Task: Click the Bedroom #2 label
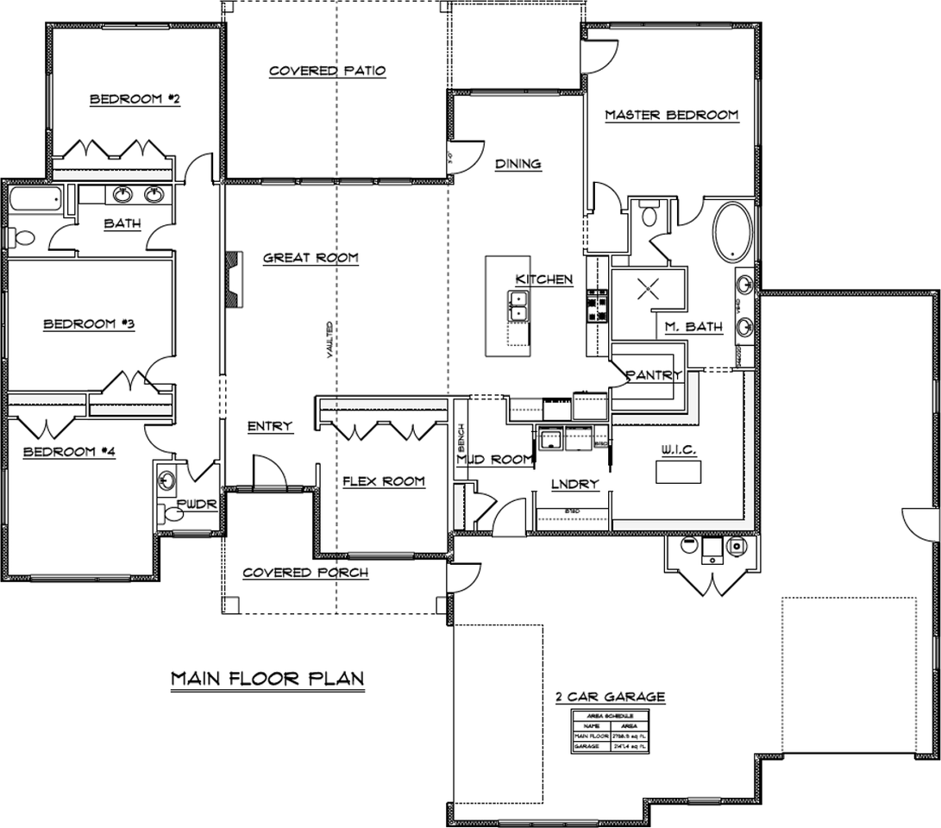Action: [x=135, y=100]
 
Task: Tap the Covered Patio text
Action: [x=327, y=71]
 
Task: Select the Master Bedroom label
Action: [x=671, y=115]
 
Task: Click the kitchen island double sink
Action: [x=519, y=306]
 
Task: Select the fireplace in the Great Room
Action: [x=233, y=279]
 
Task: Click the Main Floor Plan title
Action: [x=267, y=678]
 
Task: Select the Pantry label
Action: [x=654, y=375]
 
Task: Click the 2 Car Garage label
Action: [x=610, y=696]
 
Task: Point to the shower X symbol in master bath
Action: [x=649, y=290]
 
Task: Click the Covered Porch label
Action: [x=304, y=573]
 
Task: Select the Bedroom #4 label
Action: [x=68, y=451]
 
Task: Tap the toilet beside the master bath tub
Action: [x=651, y=214]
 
